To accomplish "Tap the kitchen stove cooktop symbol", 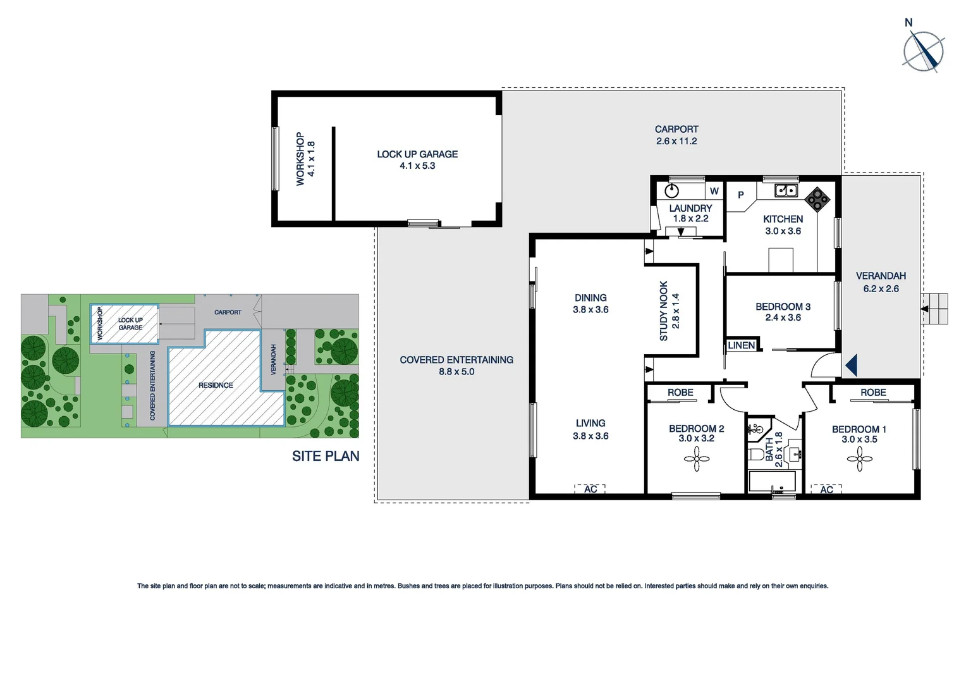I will point(817,199).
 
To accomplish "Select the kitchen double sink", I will point(786,190).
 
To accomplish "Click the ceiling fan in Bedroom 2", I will point(697,459).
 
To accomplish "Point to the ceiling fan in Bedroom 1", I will point(859,459).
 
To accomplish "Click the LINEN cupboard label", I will point(741,345).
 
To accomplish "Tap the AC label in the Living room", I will point(590,489).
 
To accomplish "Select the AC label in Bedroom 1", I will point(826,489).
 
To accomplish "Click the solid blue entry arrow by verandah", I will point(851,365).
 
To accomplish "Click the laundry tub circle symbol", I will point(671,190).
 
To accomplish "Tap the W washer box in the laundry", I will point(714,191).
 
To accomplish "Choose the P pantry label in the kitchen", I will point(740,195).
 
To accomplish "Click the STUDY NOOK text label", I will point(663,311).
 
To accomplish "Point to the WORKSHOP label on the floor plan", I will point(300,159).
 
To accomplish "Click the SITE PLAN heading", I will point(325,456).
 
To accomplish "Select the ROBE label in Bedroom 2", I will point(680,393).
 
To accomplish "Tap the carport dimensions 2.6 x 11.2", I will point(676,141).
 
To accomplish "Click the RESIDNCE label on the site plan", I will point(216,385).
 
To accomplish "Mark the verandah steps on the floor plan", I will point(934,309).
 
